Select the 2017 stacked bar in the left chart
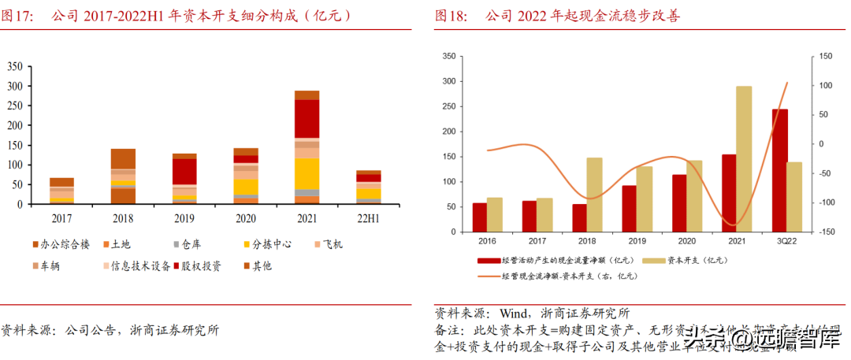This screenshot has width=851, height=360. click(x=61, y=191)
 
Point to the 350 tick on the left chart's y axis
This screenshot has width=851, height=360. click(x=14, y=66)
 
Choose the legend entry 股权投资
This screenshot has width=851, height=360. click(x=200, y=266)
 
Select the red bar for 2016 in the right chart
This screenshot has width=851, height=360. click(x=479, y=217)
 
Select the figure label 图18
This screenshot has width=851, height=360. click(x=452, y=15)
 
